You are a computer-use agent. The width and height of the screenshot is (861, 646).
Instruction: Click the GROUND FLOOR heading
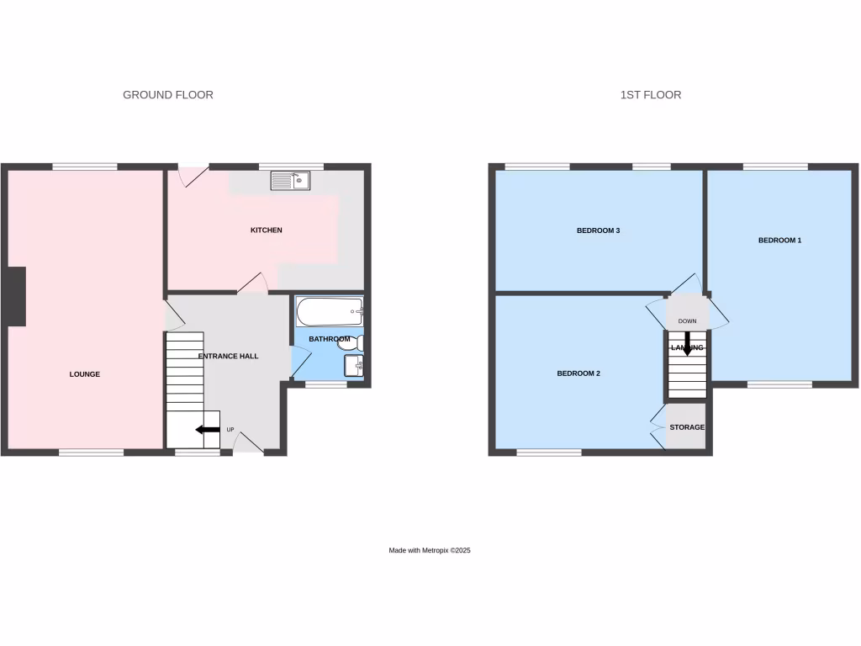(168, 95)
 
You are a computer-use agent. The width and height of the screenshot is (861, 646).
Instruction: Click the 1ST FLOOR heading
(651, 95)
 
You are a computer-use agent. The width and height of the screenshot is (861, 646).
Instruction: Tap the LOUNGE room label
(85, 374)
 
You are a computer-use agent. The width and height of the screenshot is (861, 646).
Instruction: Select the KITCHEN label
(267, 230)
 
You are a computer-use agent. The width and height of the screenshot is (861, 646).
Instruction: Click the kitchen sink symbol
(291, 180)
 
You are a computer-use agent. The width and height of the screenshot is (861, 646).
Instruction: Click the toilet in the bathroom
(358, 342)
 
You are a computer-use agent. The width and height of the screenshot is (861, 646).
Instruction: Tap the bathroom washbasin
(353, 366)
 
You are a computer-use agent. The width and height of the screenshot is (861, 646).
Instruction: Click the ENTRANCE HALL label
(228, 357)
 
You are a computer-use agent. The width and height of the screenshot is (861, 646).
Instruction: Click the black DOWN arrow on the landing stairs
(687, 342)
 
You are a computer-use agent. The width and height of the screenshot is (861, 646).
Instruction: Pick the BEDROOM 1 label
(779, 241)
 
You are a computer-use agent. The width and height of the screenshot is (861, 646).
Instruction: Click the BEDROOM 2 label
(578, 373)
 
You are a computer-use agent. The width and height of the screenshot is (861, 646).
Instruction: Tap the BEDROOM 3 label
(598, 230)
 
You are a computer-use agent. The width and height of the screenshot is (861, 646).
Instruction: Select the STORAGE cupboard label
(687, 427)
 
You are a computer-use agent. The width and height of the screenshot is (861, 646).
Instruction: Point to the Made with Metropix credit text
(429, 550)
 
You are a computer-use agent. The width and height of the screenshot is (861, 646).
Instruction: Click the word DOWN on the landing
(688, 321)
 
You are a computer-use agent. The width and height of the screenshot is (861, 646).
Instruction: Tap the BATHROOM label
(329, 339)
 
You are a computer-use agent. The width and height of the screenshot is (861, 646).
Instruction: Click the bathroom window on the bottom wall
(325, 384)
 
